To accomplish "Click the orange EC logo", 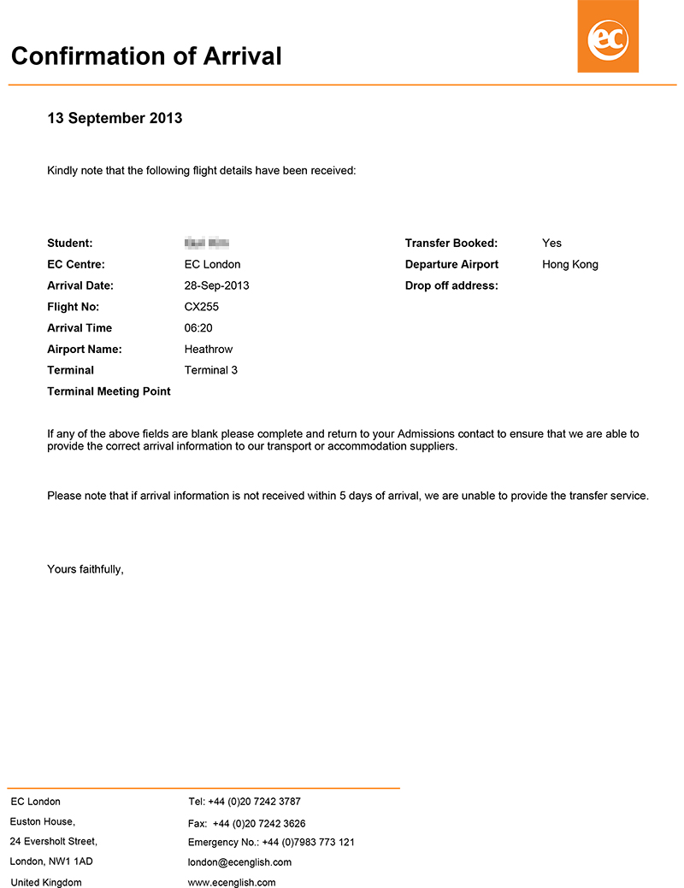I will click(x=608, y=37).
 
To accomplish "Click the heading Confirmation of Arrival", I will click(x=146, y=56).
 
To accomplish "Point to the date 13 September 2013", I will click(x=115, y=118).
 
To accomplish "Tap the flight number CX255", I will click(x=202, y=307).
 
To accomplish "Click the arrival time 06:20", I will click(x=198, y=328).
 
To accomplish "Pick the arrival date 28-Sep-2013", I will click(x=216, y=285).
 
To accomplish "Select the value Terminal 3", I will click(x=211, y=370).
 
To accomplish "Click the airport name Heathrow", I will click(x=209, y=349).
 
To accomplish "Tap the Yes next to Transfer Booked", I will click(x=551, y=244).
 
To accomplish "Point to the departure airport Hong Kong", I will click(x=570, y=264).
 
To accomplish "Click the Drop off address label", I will click(x=451, y=285).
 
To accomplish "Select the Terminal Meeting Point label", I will click(x=109, y=391).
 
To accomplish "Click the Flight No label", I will click(x=74, y=307).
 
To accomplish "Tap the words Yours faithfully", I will click(x=85, y=568).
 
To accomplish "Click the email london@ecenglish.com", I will click(x=239, y=862).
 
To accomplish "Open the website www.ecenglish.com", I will click(x=232, y=882).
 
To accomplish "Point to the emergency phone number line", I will click(x=271, y=842).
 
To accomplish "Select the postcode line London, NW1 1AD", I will click(x=51, y=862).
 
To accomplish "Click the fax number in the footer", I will click(x=246, y=823).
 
